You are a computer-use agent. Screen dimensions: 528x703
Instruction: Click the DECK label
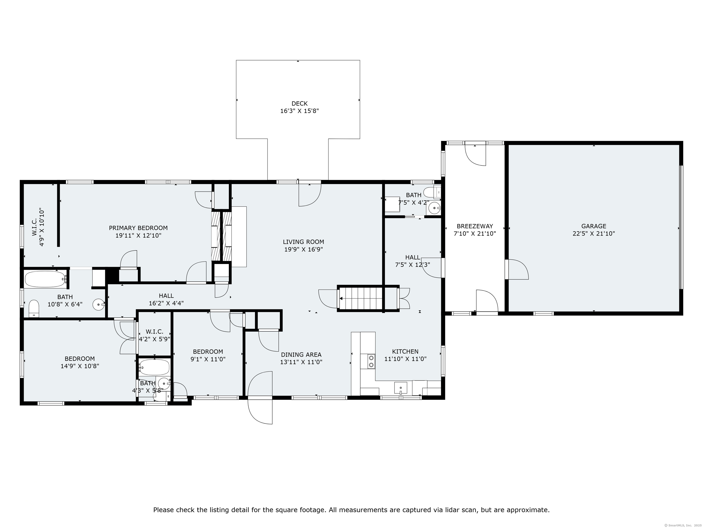tap(299, 103)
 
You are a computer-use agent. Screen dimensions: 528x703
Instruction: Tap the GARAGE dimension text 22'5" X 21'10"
tap(594, 234)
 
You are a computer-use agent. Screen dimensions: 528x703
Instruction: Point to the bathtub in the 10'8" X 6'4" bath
tap(45, 279)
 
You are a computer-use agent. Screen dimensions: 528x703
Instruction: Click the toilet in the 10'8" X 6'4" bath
tap(34, 308)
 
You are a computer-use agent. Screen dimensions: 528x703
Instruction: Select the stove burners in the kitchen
tap(371, 361)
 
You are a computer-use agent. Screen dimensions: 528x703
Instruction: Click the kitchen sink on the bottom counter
tap(400, 388)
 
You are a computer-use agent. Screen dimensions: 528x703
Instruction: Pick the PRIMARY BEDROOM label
tap(138, 228)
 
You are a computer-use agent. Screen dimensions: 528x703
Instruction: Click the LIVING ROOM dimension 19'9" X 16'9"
tap(303, 250)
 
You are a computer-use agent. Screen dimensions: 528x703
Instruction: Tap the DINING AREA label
tap(301, 355)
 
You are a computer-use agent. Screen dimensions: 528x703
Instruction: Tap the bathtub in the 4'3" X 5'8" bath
tap(154, 367)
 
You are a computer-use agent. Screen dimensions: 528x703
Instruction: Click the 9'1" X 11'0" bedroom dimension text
tap(208, 359)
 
